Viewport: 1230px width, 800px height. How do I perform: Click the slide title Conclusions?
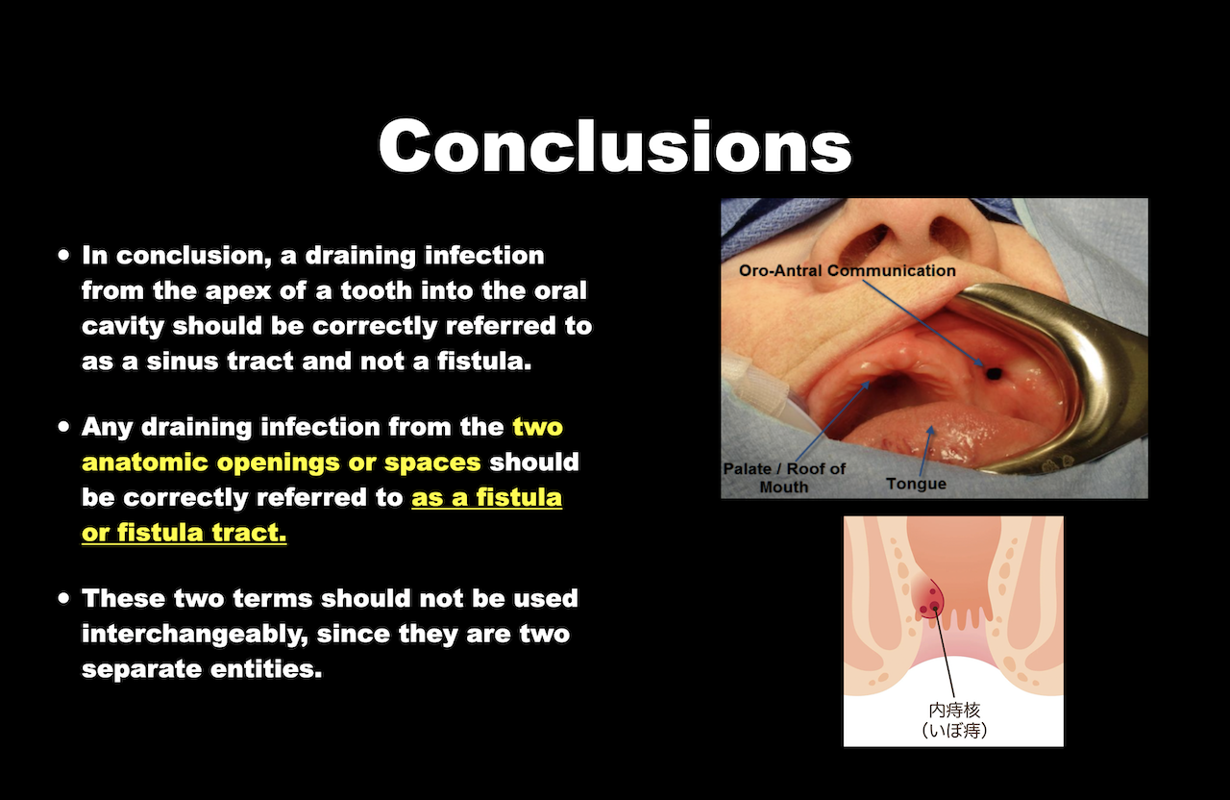(614, 145)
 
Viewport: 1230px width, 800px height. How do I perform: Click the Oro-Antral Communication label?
(847, 270)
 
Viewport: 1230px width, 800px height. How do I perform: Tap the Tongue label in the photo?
(916, 484)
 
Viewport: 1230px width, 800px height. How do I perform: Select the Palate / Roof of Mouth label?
(784, 478)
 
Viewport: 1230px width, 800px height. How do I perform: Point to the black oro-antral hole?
(994, 373)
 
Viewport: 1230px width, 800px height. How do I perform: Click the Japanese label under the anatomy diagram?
(954, 720)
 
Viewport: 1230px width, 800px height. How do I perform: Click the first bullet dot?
(64, 255)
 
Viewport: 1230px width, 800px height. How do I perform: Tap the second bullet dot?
(64, 426)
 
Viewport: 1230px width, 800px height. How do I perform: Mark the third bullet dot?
(64, 598)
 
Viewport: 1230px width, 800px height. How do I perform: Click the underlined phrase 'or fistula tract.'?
(184, 533)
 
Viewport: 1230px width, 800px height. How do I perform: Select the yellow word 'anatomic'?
(145, 462)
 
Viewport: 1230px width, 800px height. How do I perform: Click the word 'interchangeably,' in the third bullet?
(194, 634)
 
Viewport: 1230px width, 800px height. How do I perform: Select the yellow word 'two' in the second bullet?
(537, 427)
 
